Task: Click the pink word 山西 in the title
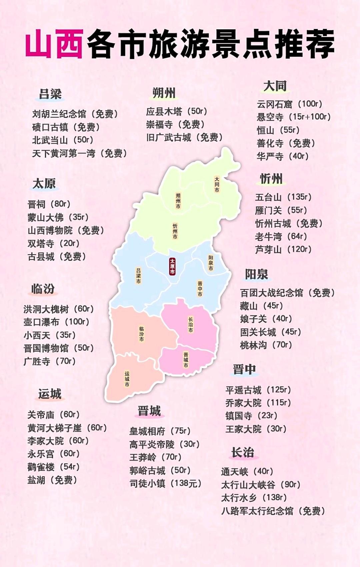point(54,44)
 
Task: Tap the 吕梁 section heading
point(50,94)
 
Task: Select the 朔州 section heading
point(164,93)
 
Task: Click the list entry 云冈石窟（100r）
point(289,104)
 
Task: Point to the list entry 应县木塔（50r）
point(177,111)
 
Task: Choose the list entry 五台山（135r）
point(283,197)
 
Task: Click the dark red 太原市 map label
point(172,266)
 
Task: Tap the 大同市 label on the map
point(217,184)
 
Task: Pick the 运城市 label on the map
point(127,379)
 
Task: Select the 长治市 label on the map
point(190,324)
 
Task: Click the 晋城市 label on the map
point(186,360)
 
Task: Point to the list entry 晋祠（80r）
point(49,204)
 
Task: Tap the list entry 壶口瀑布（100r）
point(56,322)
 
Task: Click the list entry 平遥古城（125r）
point(258,390)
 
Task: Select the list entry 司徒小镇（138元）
point(165,483)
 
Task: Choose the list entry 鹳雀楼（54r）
point(53,467)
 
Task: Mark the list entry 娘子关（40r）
point(266,319)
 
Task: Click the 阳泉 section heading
point(256,275)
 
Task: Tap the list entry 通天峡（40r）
point(247,472)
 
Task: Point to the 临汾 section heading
point(43,288)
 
